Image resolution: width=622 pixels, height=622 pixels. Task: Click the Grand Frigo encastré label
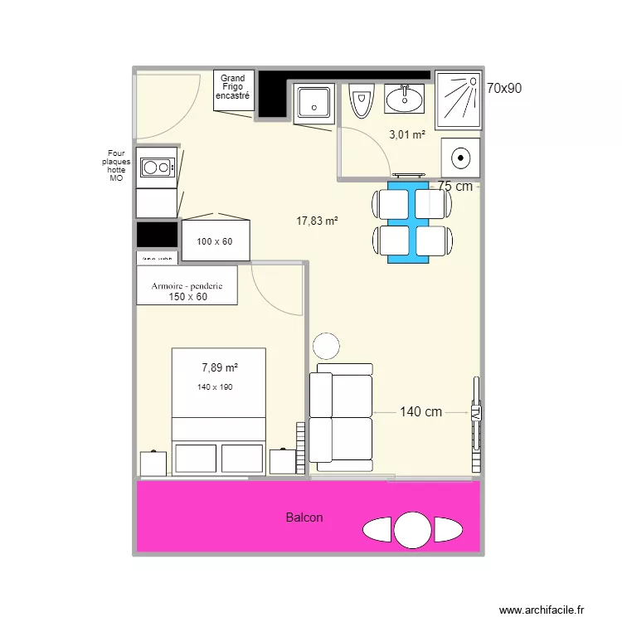click(x=232, y=87)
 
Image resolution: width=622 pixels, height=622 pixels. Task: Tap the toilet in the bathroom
click(x=361, y=102)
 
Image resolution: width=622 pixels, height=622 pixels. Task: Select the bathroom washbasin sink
click(x=404, y=100)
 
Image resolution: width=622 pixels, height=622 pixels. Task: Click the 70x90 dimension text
click(x=503, y=88)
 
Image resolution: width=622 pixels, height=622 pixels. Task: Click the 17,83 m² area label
click(x=318, y=221)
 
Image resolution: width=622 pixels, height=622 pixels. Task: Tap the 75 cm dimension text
click(x=455, y=187)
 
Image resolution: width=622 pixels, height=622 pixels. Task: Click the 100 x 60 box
click(x=215, y=242)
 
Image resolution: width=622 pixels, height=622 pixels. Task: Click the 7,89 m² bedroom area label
click(x=220, y=367)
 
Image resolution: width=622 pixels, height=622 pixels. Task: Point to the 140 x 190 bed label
click(x=215, y=387)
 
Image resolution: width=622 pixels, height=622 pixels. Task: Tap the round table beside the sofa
click(x=326, y=345)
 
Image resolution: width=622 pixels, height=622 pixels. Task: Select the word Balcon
click(x=304, y=518)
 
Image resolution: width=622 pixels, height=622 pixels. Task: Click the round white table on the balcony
click(x=411, y=530)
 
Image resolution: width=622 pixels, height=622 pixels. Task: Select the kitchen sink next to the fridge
click(x=314, y=104)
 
